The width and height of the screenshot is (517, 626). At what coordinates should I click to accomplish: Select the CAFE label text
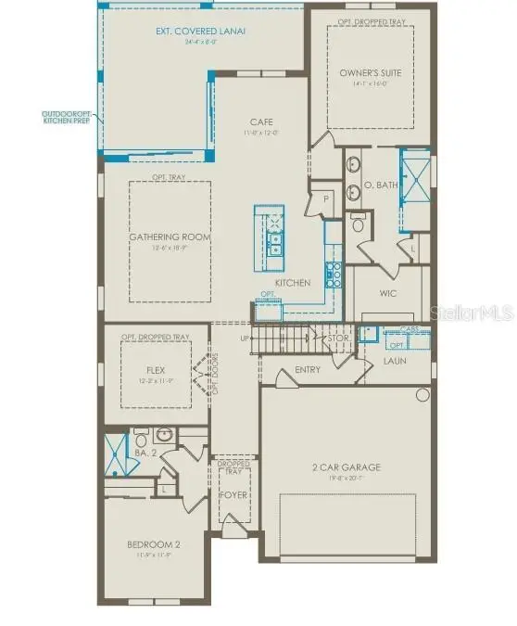(259, 121)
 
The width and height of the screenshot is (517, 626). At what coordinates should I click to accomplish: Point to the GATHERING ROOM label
(170, 237)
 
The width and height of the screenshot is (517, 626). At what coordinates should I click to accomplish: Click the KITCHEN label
(292, 283)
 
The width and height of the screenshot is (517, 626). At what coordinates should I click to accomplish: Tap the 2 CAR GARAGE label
(347, 467)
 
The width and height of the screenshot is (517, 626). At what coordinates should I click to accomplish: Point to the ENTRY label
(308, 369)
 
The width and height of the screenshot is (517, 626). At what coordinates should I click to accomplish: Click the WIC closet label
(388, 293)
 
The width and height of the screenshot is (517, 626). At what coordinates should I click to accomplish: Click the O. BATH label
(380, 185)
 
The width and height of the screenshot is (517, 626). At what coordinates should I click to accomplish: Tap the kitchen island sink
(274, 243)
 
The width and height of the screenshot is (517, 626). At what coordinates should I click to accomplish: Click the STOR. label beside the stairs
(339, 339)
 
